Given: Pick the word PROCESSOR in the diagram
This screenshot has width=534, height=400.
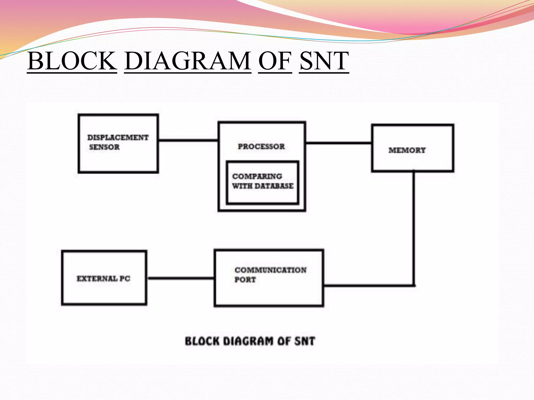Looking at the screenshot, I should coord(261,146).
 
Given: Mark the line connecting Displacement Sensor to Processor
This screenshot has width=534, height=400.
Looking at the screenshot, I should coord(188,140).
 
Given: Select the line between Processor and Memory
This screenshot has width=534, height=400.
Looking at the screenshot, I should coord(338,143).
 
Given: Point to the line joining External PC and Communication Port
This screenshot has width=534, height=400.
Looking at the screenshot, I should coord(180,278).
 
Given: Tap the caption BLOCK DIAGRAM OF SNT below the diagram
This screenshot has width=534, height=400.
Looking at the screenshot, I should coord(250,341).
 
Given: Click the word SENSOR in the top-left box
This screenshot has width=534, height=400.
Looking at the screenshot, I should coord(104,147).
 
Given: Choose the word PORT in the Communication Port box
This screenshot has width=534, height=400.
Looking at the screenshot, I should coord(245,280).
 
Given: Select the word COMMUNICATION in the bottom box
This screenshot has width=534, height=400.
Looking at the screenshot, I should coord(271,270).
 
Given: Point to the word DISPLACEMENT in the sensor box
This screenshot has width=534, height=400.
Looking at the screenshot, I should coord(118,137).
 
